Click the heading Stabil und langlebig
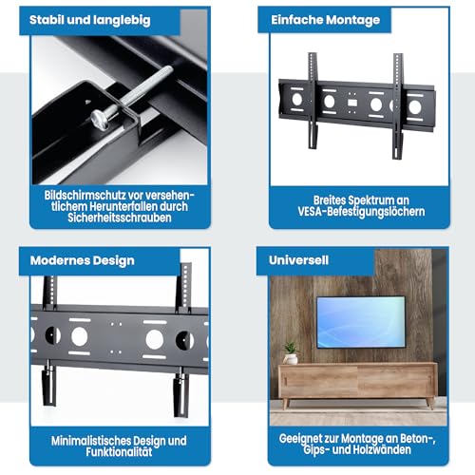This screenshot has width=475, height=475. tap(90, 20)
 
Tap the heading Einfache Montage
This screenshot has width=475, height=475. tap(325, 20)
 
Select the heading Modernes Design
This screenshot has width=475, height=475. tap(83, 260)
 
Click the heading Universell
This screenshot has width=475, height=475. tap(298, 260)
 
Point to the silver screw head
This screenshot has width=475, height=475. tap(100, 120)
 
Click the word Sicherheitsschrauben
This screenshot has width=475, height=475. tap(120, 218)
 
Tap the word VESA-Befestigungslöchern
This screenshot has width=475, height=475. tap(361, 212)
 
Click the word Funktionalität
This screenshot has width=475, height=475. tap(119, 452)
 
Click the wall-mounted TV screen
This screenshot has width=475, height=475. tap(361, 322)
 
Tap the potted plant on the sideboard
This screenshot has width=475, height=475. tap(290, 352)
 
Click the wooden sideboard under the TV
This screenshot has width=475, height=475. tap(357, 383)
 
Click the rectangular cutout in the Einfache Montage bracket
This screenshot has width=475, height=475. tap(352, 103)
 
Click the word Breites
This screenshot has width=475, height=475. tap(329, 200)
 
